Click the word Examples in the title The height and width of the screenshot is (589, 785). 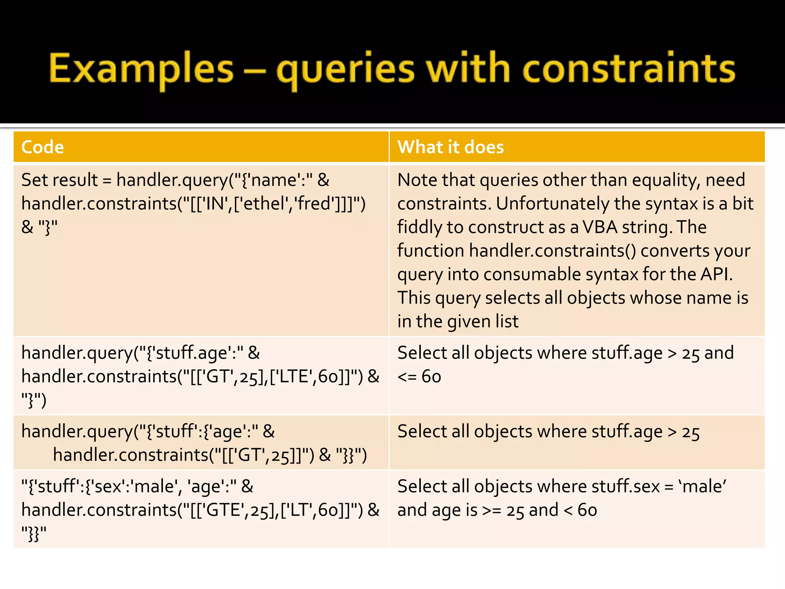click(x=141, y=69)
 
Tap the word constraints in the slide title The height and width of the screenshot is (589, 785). click(x=629, y=69)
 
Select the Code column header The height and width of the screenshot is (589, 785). click(x=43, y=147)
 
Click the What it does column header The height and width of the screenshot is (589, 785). click(x=450, y=147)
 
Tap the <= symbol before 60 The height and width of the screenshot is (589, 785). click(x=407, y=377)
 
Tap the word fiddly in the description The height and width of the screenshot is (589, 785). click(x=419, y=227)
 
